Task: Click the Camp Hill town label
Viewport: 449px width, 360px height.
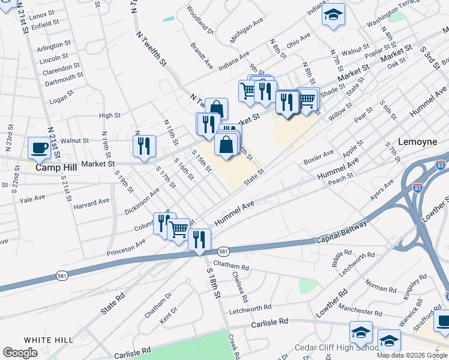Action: tap(56, 168)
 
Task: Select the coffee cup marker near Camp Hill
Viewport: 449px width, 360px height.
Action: tap(40, 148)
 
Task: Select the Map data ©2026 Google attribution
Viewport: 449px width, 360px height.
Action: tap(411, 355)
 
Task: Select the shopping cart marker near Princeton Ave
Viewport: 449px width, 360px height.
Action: tap(178, 229)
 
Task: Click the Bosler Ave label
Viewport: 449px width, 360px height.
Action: tap(318, 157)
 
